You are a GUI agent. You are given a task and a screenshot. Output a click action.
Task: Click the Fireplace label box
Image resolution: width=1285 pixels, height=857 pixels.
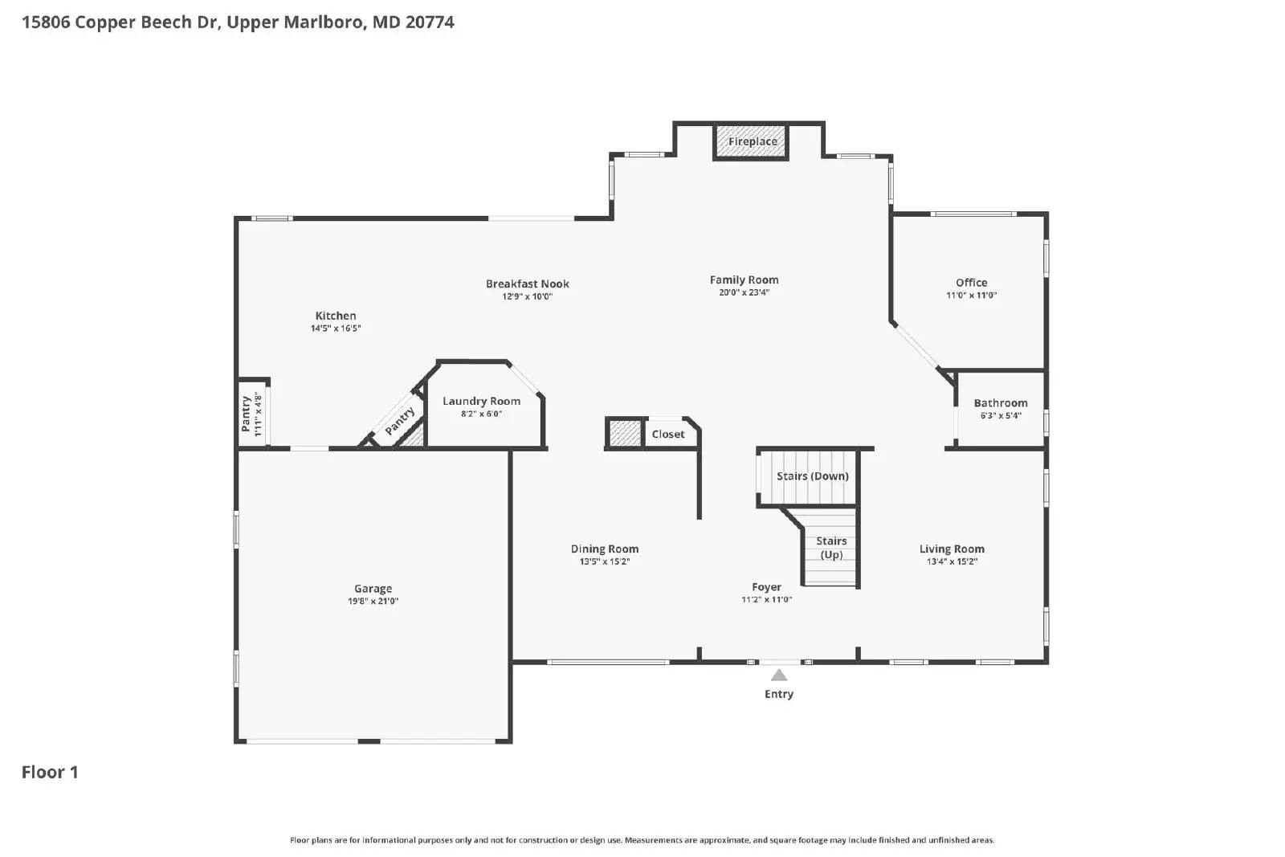tap(752, 142)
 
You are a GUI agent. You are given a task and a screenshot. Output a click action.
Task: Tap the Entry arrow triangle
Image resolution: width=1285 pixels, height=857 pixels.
tap(779, 675)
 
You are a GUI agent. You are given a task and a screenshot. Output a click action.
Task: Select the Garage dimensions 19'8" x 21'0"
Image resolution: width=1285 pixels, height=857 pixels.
tap(373, 602)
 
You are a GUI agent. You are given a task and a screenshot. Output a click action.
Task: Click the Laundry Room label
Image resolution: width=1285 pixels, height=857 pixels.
tap(481, 401)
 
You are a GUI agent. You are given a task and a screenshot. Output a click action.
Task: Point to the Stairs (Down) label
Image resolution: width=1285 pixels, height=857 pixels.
tap(812, 476)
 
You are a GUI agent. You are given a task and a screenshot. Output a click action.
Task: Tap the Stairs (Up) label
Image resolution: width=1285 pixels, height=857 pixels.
tap(831, 548)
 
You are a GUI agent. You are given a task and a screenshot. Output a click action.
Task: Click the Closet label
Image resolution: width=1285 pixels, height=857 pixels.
tap(668, 435)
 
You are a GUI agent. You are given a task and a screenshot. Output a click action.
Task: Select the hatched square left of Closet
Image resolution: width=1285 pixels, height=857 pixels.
tap(625, 434)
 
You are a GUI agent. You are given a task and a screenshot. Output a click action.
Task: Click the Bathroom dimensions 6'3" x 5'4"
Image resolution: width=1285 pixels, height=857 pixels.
tap(1000, 416)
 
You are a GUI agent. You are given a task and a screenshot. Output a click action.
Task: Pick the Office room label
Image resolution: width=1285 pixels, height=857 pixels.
tap(971, 283)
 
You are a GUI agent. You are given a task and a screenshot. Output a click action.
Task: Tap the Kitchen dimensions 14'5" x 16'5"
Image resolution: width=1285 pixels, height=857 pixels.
tap(336, 329)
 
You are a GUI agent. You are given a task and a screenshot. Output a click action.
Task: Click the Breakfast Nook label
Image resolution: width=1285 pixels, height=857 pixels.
tap(527, 284)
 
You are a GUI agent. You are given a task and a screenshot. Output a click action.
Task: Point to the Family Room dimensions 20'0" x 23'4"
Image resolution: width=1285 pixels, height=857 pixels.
tap(744, 293)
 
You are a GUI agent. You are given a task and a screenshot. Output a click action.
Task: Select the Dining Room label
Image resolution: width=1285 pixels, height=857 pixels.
tap(604, 549)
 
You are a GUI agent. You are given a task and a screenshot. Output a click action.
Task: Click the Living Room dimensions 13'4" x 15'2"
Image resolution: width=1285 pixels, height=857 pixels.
tap(952, 562)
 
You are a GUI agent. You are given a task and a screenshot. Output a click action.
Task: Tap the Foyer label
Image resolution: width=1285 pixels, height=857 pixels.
tap(766, 587)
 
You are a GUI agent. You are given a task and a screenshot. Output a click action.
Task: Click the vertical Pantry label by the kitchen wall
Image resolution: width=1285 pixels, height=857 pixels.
tap(246, 414)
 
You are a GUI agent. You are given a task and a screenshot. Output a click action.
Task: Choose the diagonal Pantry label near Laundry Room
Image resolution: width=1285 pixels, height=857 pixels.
tap(399, 422)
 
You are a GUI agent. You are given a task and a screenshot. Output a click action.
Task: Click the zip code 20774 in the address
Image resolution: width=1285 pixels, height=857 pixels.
tap(430, 22)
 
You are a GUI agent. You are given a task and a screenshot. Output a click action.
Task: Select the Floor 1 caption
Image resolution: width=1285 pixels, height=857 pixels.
tap(50, 773)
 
